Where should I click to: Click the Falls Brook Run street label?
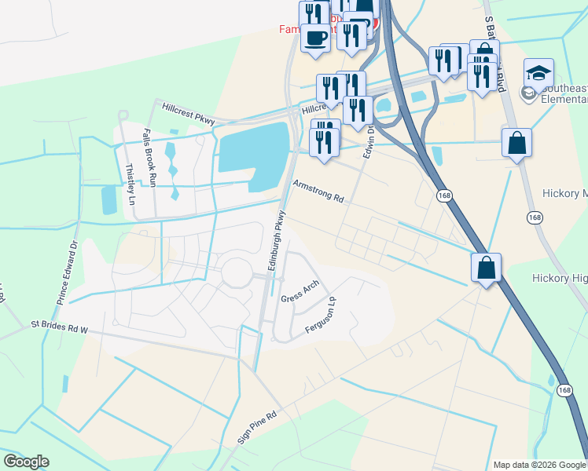click(149, 157)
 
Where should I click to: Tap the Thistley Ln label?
click(131, 184)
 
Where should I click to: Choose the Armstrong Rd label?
click(318, 191)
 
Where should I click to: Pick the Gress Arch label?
click(300, 290)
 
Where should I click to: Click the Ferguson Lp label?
click(321, 315)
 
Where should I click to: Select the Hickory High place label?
click(560, 278)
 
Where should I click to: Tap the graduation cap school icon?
click(538, 74)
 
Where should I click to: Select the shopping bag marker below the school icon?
click(516, 144)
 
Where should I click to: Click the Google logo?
click(26, 462)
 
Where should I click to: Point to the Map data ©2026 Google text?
click(538, 465)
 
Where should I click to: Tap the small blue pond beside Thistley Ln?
click(108, 200)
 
